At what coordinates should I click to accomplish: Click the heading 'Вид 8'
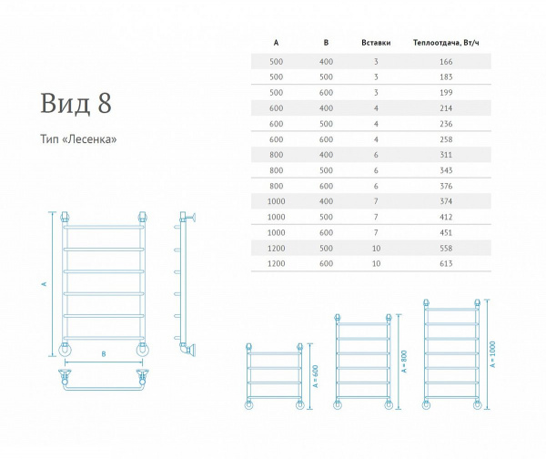click(x=76, y=103)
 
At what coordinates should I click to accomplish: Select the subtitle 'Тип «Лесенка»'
click(x=78, y=139)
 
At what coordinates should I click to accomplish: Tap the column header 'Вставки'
click(x=376, y=43)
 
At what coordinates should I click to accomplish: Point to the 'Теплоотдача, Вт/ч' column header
click(x=446, y=43)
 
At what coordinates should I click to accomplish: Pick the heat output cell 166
click(x=446, y=62)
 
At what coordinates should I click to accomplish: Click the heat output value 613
click(x=446, y=263)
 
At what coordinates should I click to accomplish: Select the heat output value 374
click(x=446, y=201)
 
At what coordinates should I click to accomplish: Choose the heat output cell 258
click(x=446, y=139)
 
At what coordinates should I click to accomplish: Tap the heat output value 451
click(x=446, y=232)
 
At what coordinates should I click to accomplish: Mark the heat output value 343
click(x=446, y=170)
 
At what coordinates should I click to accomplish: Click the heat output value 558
click(x=446, y=248)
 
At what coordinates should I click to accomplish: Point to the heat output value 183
click(x=446, y=77)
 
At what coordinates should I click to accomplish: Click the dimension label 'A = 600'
click(x=316, y=376)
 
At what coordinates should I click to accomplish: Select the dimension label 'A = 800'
click(x=404, y=362)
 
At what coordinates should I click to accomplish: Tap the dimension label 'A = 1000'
click(x=492, y=354)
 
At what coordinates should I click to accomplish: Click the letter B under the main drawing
click(x=104, y=354)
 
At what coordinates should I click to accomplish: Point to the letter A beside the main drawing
click(x=45, y=284)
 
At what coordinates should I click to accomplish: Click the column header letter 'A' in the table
click(x=276, y=43)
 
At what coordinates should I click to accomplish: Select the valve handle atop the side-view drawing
click(x=193, y=218)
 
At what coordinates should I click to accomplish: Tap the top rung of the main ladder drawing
click(x=104, y=227)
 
